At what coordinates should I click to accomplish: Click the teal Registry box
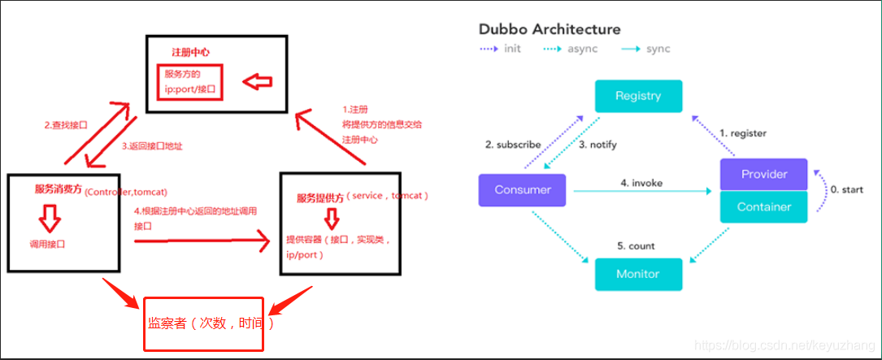[x=638, y=96]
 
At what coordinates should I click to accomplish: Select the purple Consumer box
[x=524, y=190]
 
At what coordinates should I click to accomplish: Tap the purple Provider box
[x=764, y=174]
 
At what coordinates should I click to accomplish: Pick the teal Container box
[x=764, y=206]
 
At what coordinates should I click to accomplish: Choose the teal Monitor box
[x=638, y=274]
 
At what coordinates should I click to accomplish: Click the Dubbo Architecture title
[x=550, y=29]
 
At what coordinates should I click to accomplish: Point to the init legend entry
[x=501, y=49]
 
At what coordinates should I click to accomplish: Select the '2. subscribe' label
[x=513, y=145]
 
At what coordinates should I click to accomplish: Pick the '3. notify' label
[x=597, y=145]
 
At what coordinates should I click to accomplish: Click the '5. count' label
[x=637, y=245]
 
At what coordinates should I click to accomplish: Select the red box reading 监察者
[x=204, y=323]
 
